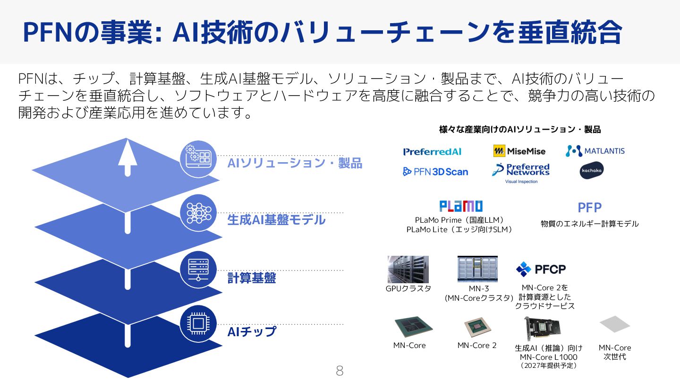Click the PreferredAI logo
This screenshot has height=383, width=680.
click(432, 152)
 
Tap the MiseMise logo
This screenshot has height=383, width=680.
click(519, 151)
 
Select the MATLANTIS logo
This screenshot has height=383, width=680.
click(595, 151)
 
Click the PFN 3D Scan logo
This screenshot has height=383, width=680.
click(435, 172)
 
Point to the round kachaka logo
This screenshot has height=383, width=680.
click(592, 170)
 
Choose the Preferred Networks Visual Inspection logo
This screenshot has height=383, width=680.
click(521, 172)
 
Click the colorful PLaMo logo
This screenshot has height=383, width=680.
click(461, 206)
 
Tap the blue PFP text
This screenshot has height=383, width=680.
click(589, 208)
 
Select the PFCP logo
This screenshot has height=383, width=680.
click(541, 269)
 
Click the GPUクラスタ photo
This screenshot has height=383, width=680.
click(408, 270)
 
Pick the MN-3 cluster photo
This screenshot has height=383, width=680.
click(477, 269)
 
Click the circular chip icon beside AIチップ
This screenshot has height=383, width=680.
click(198, 324)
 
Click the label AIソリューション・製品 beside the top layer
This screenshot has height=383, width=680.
click(295, 164)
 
